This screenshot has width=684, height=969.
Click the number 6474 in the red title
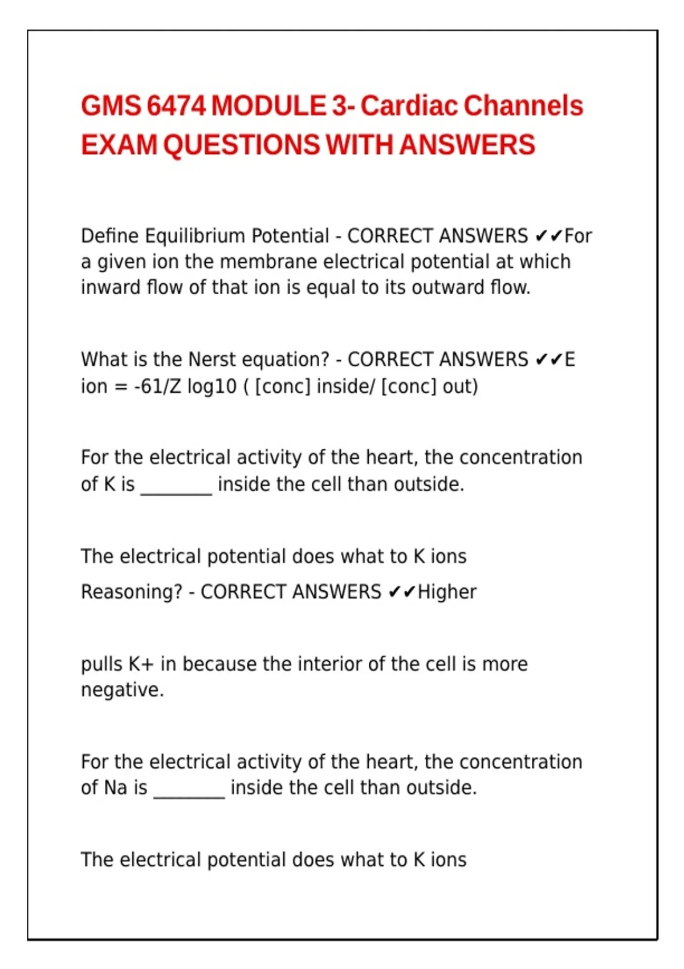point(176,106)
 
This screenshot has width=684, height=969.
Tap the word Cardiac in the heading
point(409,106)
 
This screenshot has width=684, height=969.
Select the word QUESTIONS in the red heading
point(242,145)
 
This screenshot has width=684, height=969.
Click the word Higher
point(447,592)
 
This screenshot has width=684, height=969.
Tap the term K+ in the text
point(141,664)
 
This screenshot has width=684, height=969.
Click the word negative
point(121,690)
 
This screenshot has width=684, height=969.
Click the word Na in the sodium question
point(116,788)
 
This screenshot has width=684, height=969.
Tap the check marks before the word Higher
point(402,592)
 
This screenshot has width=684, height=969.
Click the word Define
point(109,236)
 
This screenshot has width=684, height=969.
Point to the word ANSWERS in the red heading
point(467,145)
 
